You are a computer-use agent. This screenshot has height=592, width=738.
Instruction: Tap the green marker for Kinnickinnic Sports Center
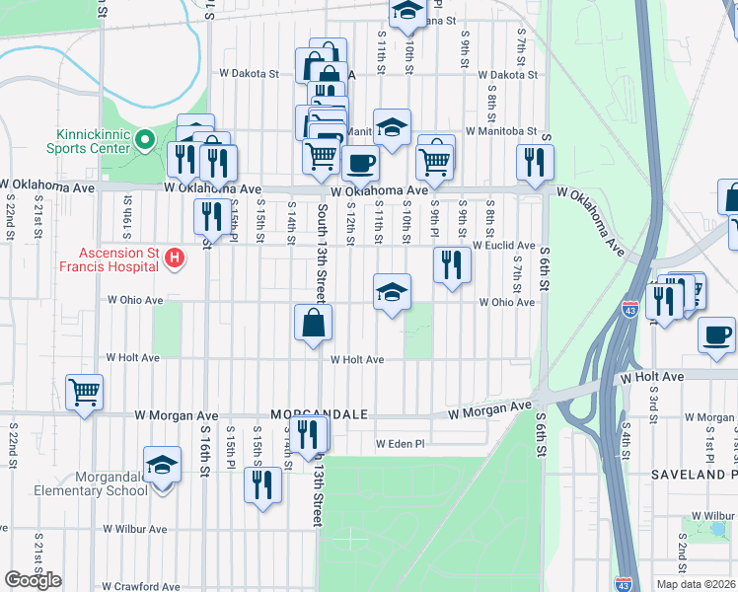click(x=147, y=140)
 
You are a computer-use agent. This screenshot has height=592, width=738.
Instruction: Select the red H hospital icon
click(x=175, y=259)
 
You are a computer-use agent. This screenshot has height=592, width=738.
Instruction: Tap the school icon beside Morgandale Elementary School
click(x=162, y=465)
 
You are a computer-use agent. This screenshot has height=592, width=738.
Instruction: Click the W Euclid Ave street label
click(x=503, y=245)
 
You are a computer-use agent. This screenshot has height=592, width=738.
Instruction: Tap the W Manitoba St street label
click(x=501, y=130)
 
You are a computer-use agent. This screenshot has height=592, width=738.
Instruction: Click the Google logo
click(x=34, y=580)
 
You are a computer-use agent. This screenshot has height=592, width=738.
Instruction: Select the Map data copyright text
click(x=696, y=584)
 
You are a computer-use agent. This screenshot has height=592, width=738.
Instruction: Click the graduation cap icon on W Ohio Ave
click(x=392, y=292)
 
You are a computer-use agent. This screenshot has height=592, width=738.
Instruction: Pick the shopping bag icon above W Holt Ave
click(x=313, y=323)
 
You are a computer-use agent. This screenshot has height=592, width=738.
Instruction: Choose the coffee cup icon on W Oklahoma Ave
click(x=360, y=163)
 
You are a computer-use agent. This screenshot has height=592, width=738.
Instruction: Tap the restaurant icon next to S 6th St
click(x=535, y=162)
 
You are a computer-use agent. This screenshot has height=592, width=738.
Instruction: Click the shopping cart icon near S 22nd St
click(x=84, y=392)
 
